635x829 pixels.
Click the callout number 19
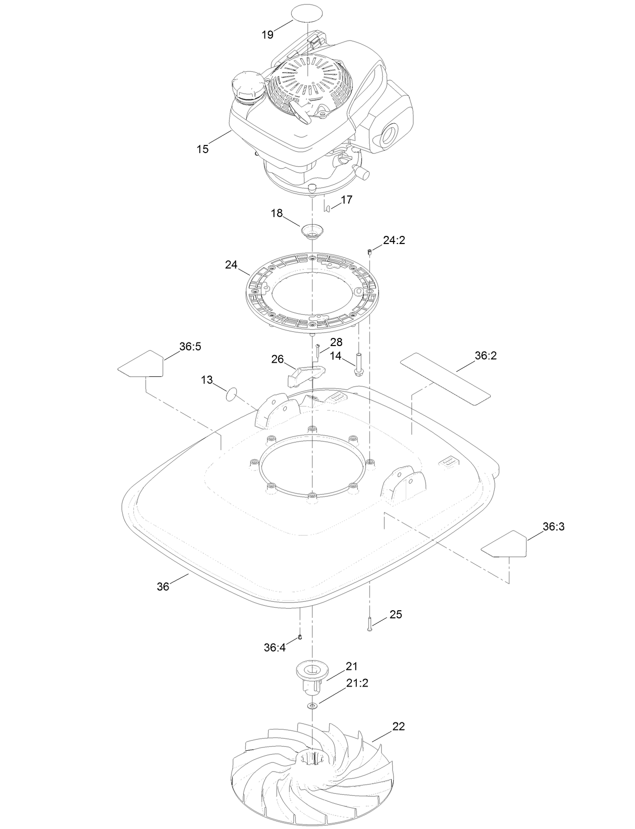[x=267, y=34]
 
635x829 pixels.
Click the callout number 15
[x=202, y=150]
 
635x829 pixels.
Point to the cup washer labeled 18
[x=312, y=231]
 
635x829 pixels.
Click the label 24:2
[x=394, y=240]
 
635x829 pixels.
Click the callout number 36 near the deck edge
[x=163, y=586]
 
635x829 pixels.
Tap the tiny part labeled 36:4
[x=300, y=637]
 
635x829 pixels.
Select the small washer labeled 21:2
[x=312, y=705]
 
